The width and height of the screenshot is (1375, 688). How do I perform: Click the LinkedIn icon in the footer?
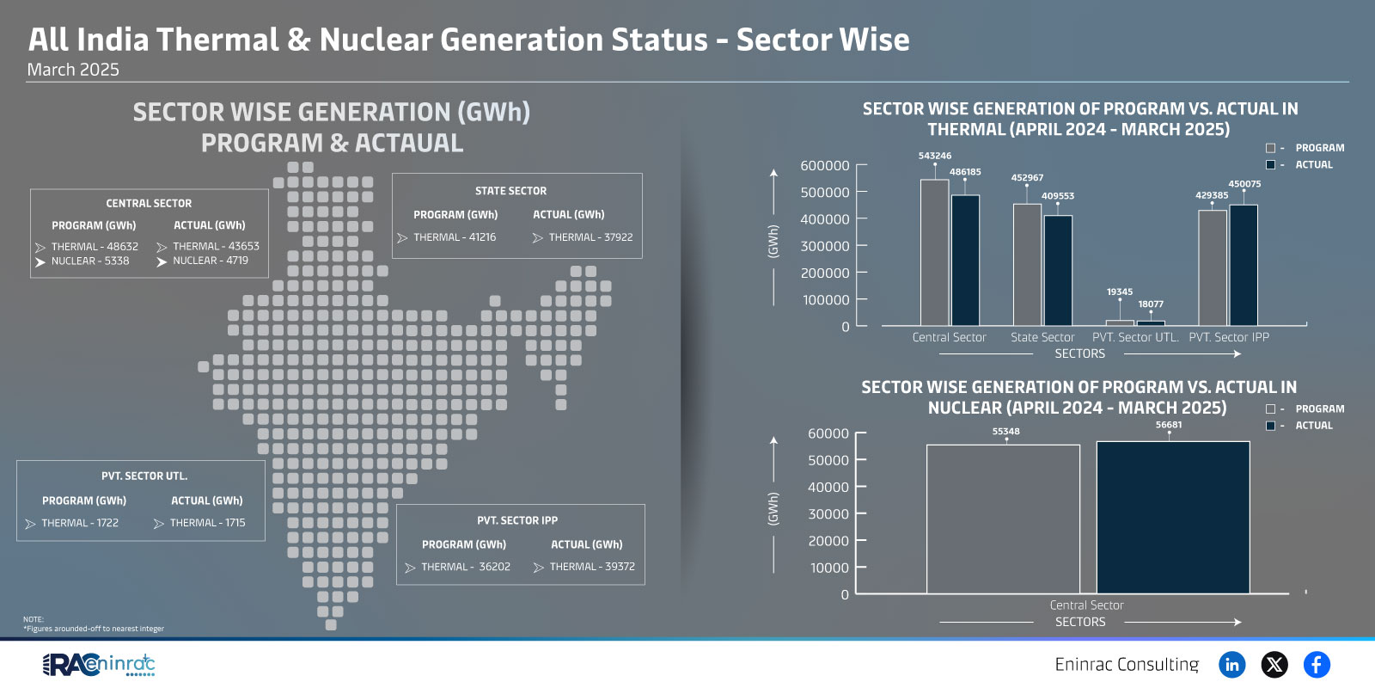click(x=1231, y=665)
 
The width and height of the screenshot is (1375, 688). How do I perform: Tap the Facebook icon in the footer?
click(x=1317, y=665)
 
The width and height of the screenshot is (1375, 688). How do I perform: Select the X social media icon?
click(x=1274, y=665)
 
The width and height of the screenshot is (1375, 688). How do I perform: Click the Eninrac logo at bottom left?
click(x=99, y=665)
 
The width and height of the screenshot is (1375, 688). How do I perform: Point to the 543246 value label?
click(x=935, y=156)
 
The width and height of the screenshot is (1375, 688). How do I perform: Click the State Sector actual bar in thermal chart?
click(x=1058, y=270)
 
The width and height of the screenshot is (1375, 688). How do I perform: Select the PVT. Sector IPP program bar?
click(x=1213, y=267)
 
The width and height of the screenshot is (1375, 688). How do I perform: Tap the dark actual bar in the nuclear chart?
click(x=1173, y=517)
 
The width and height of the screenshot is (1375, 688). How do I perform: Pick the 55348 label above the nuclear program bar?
click(x=1006, y=431)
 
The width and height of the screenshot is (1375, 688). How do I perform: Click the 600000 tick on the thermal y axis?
click(x=825, y=165)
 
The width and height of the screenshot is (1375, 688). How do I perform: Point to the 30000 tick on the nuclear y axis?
click(x=828, y=513)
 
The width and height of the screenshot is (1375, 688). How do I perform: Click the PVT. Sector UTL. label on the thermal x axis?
click(x=1135, y=337)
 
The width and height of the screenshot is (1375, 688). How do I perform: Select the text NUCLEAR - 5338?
click(x=90, y=261)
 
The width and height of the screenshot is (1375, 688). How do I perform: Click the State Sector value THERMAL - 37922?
click(x=590, y=237)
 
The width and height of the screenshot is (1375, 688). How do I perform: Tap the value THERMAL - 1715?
click(x=207, y=523)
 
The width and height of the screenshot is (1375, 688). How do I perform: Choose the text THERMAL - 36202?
click(x=466, y=567)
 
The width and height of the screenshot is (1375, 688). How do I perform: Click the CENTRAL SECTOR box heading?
click(x=149, y=203)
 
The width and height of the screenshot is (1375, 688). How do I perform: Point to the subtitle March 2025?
click(x=73, y=70)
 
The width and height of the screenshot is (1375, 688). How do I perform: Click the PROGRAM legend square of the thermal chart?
click(x=1271, y=148)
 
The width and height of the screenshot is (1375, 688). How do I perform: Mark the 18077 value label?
click(x=1151, y=304)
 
